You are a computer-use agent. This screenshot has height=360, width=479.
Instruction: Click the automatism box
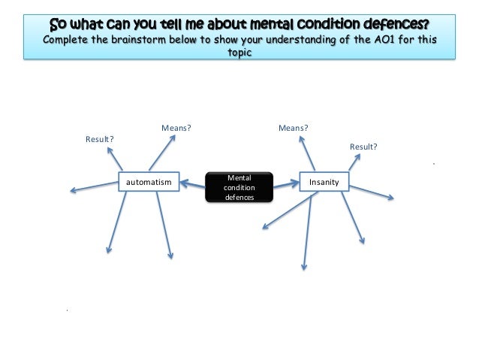point(149,182)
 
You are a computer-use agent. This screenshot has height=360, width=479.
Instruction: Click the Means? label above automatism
point(176,128)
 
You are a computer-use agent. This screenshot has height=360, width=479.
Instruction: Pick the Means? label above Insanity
point(294,128)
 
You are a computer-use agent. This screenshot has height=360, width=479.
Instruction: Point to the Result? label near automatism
point(100,139)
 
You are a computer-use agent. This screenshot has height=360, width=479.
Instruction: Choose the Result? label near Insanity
point(363,146)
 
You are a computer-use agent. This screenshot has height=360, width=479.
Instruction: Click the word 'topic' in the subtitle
point(239,54)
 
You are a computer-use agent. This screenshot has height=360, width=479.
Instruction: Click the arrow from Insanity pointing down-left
point(285,210)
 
